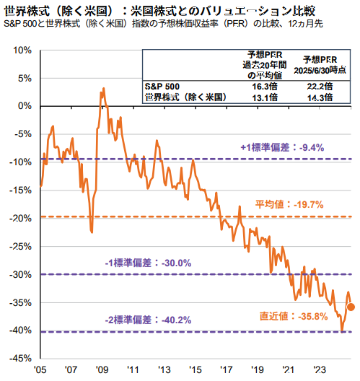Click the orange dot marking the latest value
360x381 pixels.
pyautogui.click(x=351, y=307)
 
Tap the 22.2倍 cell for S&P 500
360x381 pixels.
pyautogui.click(x=320, y=87)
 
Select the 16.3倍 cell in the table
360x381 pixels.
pyautogui.click(x=265, y=87)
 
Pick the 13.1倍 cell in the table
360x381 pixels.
pyautogui.click(x=265, y=97)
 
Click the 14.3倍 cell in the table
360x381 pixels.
pyautogui.click(x=320, y=97)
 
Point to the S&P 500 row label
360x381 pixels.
pyautogui.click(x=162, y=87)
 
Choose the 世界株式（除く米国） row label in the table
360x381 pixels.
pyautogui.click(x=186, y=97)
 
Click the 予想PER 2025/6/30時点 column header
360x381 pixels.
pyautogui.click(x=320, y=65)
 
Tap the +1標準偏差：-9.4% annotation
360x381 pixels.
pyautogui.click(x=282, y=147)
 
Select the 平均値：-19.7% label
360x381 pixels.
pyautogui.click(x=289, y=205)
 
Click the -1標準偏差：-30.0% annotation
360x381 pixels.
pyautogui.click(x=148, y=263)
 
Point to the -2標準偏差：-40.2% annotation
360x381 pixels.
pyautogui.click(x=148, y=320)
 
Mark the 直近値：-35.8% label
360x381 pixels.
pyautogui.click(x=294, y=316)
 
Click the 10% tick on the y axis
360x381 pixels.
pyautogui.click(x=22, y=51)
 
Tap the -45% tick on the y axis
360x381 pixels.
pyautogui.click(x=20, y=359)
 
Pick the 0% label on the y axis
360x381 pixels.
pyautogui.click(x=25, y=106)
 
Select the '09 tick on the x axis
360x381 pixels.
pyautogui.click(x=102, y=370)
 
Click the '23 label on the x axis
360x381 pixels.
pyautogui.click(x=320, y=370)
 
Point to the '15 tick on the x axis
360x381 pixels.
pyautogui.click(x=196, y=370)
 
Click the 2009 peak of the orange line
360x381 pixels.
pyautogui.click(x=104, y=88)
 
